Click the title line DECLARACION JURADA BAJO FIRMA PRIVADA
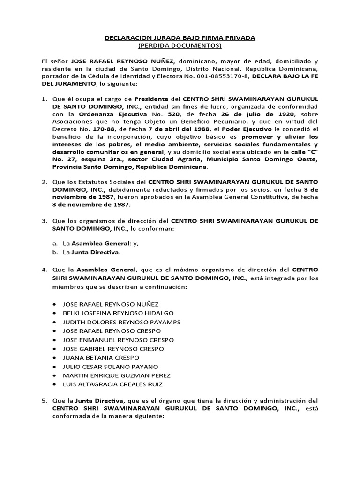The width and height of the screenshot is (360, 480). pyautogui.click(x=180, y=37)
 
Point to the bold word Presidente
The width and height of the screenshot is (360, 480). pyautogui.click(x=152, y=99)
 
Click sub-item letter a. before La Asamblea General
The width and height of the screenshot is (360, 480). pyautogui.click(x=55, y=243)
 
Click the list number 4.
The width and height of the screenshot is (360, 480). pyautogui.click(x=44, y=270)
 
